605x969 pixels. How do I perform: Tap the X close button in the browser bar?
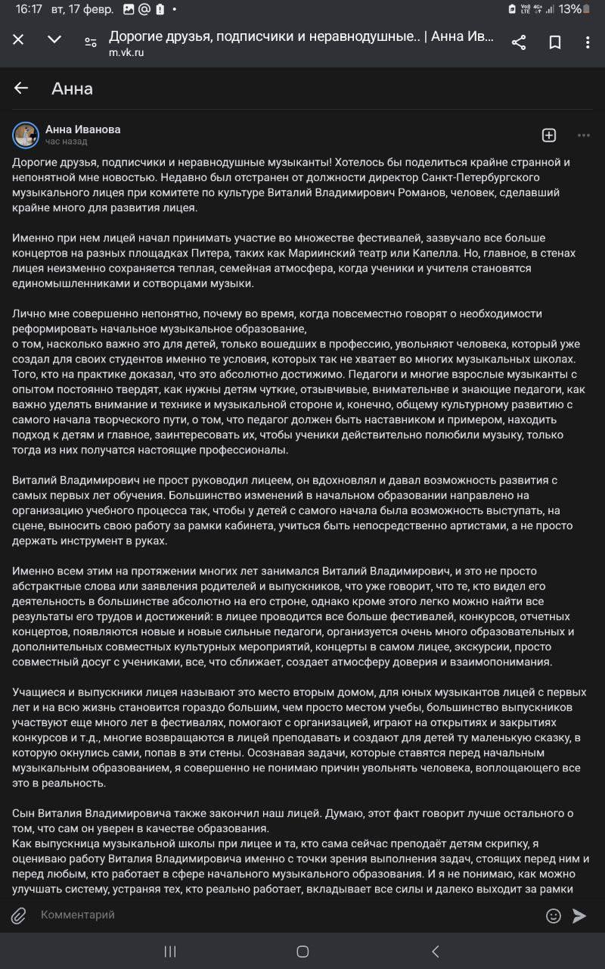coord(18,40)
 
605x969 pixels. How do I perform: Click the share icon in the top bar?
coord(519,42)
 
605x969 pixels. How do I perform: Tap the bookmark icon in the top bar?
coord(555,42)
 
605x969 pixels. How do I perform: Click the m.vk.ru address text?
coord(126,53)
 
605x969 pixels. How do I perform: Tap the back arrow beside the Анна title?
coord(21,89)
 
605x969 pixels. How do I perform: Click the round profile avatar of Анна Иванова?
coord(26,135)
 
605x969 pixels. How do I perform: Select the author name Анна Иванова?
coord(82,129)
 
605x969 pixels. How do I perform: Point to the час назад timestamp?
coord(66,142)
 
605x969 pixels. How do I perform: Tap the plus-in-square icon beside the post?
coord(549,135)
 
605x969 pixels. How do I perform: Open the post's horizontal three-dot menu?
coord(583,135)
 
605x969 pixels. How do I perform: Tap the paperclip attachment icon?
coord(19,916)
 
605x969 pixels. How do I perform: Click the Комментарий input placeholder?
coord(78,914)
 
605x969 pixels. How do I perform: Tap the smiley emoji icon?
coord(554,916)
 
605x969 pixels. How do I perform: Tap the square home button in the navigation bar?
coord(302,952)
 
